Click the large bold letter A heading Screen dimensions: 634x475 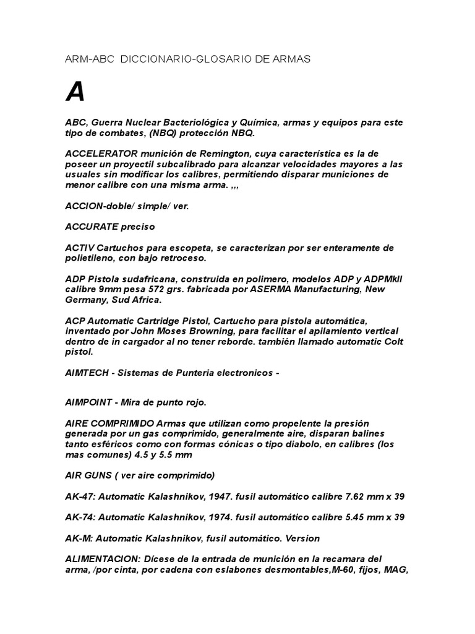[75, 92]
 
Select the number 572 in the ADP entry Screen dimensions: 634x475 [158, 289]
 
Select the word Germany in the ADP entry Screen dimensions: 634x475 [87, 300]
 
